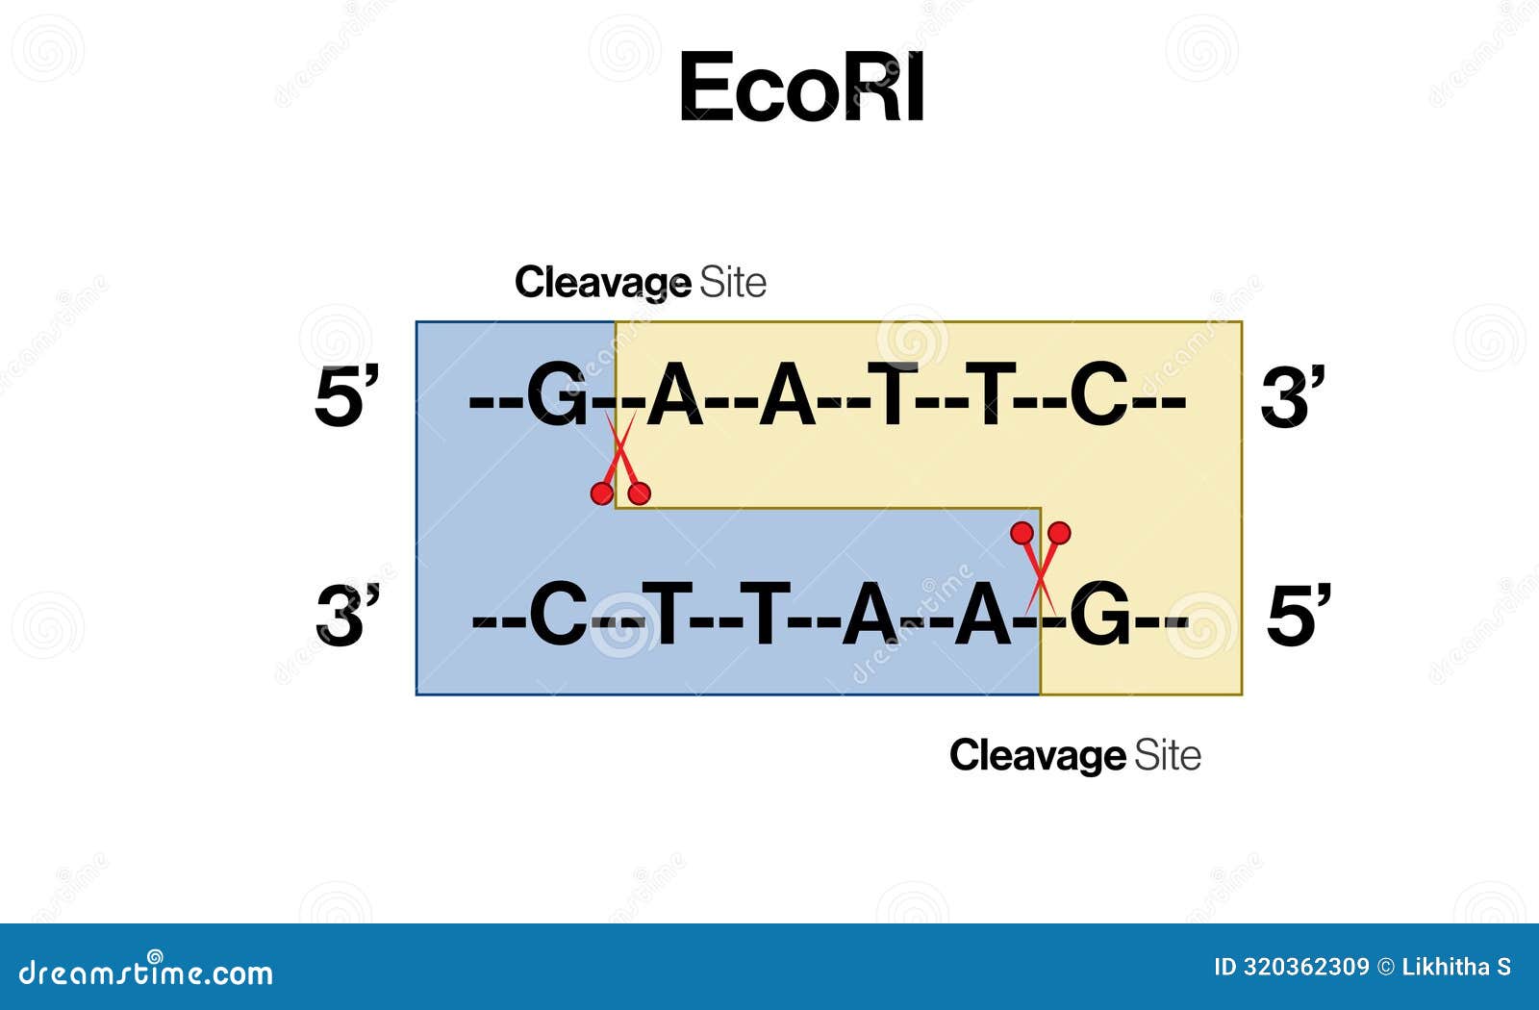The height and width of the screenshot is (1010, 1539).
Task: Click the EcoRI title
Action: tap(801, 88)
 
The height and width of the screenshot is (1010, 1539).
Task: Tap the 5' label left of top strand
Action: tap(346, 396)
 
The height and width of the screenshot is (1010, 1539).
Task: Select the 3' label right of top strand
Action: tap(1293, 396)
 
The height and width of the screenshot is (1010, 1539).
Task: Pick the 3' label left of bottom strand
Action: tap(347, 616)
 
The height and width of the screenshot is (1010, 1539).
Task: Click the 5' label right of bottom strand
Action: tap(1299, 616)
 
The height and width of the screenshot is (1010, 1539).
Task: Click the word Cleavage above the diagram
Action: tap(602, 283)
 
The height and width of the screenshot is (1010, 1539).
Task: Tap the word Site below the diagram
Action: tap(1168, 755)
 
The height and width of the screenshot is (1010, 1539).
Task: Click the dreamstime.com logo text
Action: tap(145, 972)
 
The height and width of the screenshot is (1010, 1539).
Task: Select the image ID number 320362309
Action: tap(1305, 967)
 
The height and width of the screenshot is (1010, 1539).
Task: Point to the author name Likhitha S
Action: tap(1456, 967)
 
